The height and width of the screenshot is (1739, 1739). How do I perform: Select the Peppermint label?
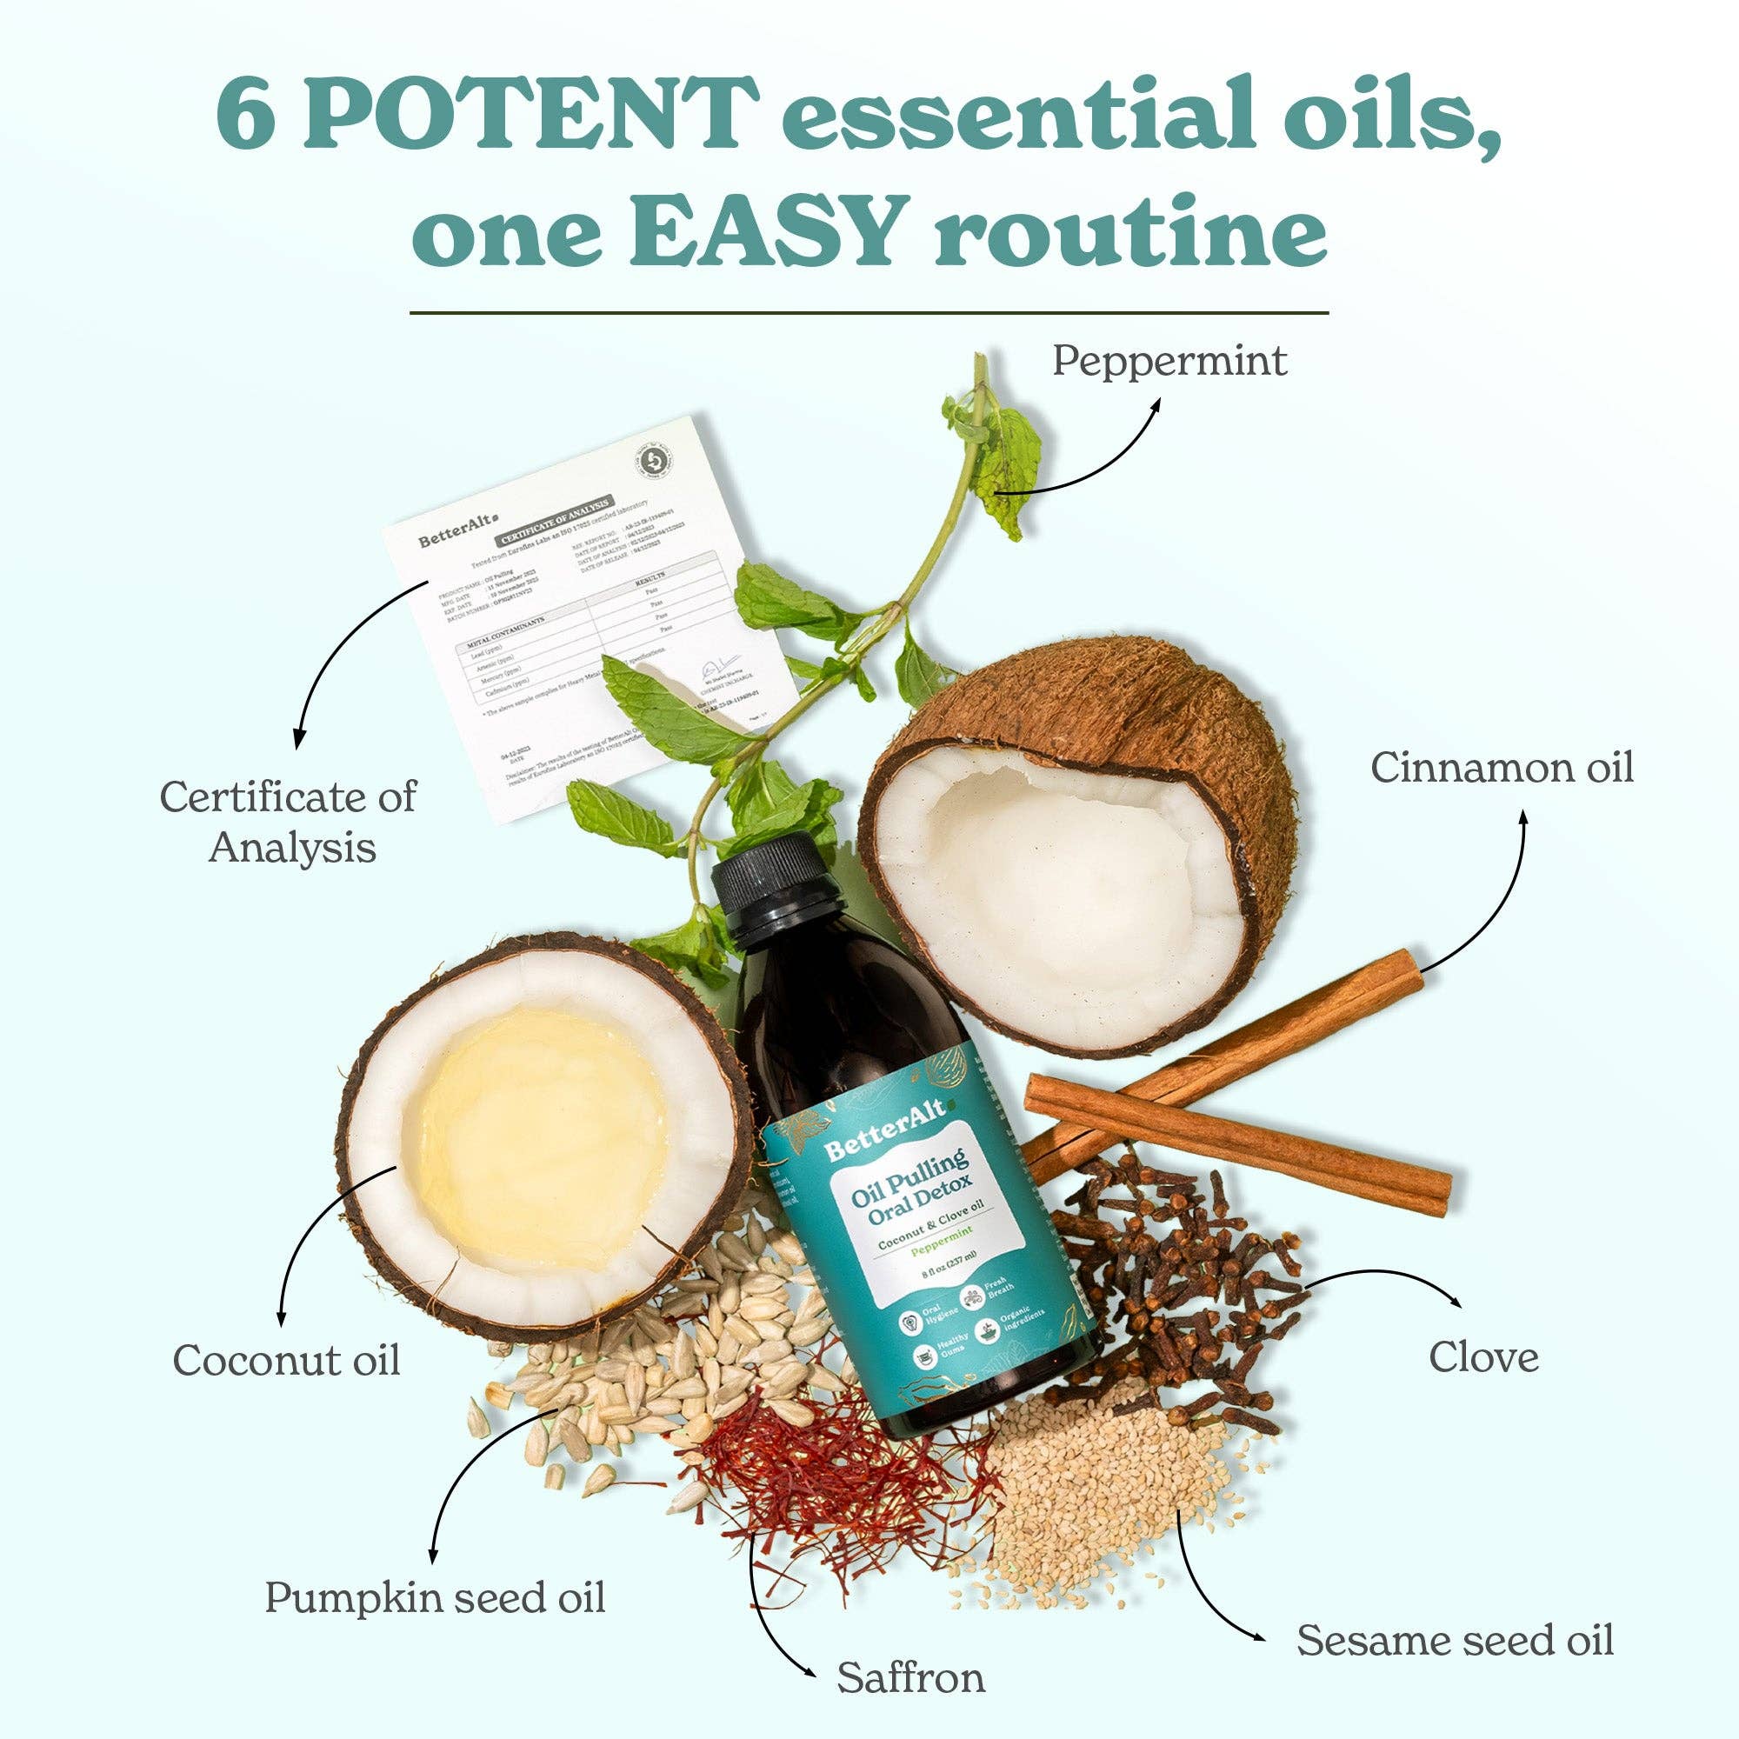click(x=1169, y=362)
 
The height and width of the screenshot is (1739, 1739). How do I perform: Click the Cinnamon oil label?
click(x=1502, y=768)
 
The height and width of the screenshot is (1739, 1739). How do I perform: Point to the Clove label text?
click(x=1483, y=1356)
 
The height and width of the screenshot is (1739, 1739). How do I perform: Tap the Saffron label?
click(x=911, y=1678)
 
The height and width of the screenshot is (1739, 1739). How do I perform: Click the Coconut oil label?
click(x=286, y=1359)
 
